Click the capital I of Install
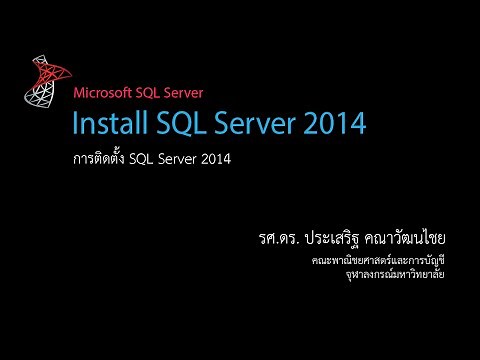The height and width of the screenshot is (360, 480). (x=74, y=125)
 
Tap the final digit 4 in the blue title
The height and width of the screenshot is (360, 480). (x=356, y=125)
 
